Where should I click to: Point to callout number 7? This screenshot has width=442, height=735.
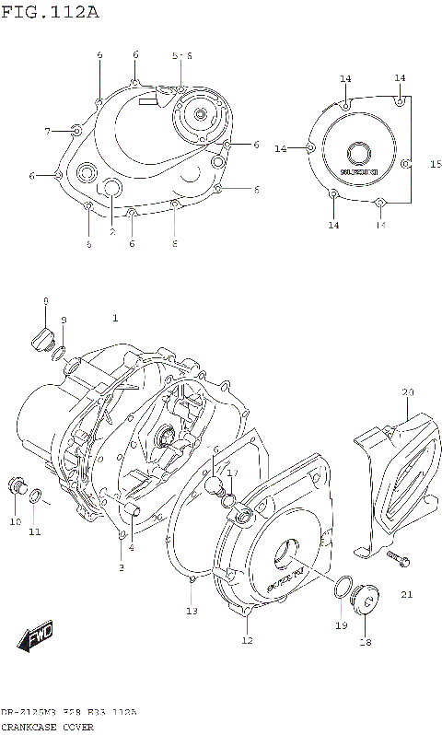click(x=47, y=132)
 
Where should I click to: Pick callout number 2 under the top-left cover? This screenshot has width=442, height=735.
click(x=112, y=232)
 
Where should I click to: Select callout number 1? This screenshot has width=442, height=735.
click(x=115, y=319)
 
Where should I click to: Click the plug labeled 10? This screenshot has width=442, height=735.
click(x=17, y=487)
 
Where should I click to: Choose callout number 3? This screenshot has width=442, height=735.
click(x=120, y=568)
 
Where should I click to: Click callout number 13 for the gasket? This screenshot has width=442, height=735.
click(x=192, y=611)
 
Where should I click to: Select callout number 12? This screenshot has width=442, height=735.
click(x=247, y=640)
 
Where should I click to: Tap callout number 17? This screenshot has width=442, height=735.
click(x=233, y=473)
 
